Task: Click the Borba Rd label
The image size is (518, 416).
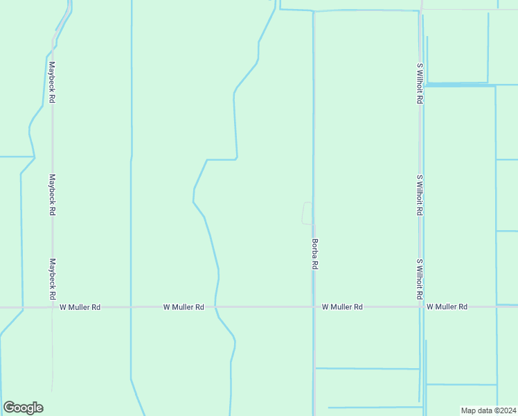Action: point(314,254)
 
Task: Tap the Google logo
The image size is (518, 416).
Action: point(23,408)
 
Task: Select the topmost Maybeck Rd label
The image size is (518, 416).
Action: point(52,83)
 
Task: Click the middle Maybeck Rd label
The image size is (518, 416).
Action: point(52,194)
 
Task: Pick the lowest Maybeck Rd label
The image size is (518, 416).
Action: point(52,279)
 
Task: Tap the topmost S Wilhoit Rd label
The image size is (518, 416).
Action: point(420,83)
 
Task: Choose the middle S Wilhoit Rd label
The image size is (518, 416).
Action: point(420,195)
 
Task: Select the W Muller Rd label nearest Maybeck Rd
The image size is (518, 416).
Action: point(80,306)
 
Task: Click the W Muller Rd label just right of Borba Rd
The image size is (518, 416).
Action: point(342,306)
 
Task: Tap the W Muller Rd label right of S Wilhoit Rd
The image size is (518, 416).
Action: point(447,306)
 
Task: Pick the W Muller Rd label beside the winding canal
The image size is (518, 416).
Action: point(184,306)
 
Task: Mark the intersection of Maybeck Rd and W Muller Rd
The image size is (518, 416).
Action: point(53,306)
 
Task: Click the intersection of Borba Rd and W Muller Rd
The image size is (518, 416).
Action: point(314,306)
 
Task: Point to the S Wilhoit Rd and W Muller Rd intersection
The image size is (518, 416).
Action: point(420,306)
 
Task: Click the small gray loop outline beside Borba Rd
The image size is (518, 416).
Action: point(307,214)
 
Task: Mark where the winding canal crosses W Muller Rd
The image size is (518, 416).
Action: point(215,306)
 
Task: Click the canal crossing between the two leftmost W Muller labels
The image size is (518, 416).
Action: point(130,306)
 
